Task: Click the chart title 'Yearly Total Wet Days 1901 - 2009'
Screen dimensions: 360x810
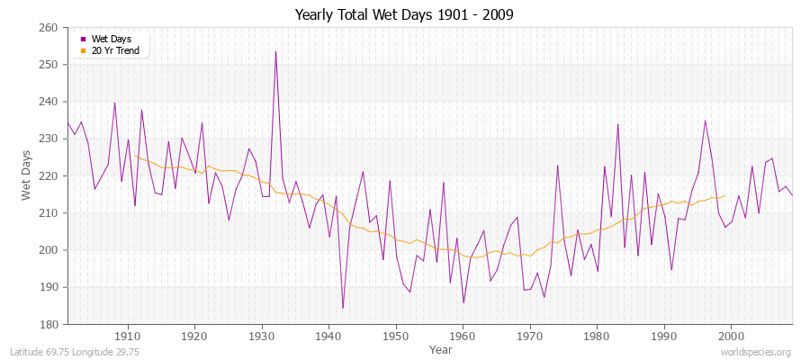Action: tap(404, 15)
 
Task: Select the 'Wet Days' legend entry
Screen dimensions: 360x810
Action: tap(111, 40)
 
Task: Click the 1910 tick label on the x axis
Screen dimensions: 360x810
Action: tap(128, 335)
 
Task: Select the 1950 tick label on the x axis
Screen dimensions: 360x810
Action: tap(396, 335)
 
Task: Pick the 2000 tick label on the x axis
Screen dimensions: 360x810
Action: tap(731, 335)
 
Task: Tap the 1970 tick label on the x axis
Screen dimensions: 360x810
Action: tap(530, 335)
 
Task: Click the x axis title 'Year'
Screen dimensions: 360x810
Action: tap(441, 348)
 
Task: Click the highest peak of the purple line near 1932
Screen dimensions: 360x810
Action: tap(275, 51)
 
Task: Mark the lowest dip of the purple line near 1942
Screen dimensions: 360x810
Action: tap(343, 308)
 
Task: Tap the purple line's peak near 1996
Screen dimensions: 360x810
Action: tap(705, 121)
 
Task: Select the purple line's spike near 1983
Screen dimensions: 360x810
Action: tap(617, 124)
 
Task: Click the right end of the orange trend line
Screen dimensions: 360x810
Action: tap(724, 195)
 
